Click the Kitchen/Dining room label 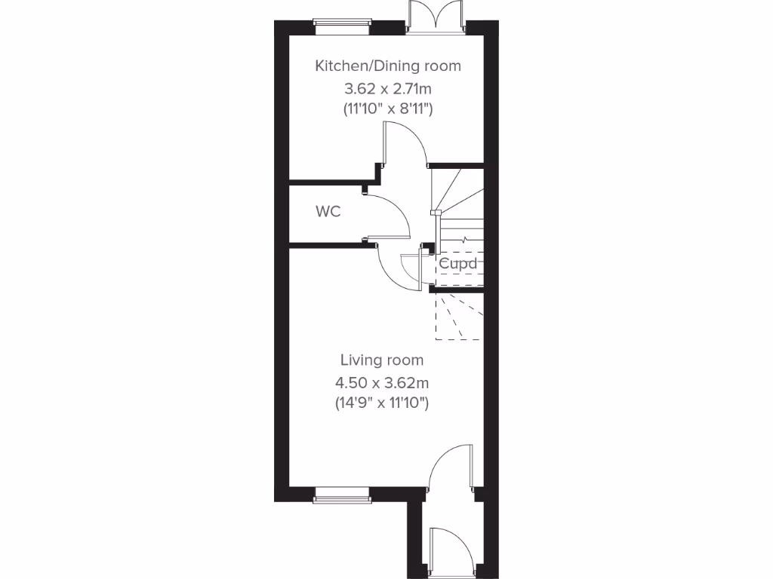tap(387, 66)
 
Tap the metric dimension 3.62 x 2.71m tap(387, 88)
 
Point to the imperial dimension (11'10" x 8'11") tap(387, 109)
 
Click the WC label tap(328, 212)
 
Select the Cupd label tap(458, 264)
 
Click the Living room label tap(381, 360)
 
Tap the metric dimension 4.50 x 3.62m tap(381, 382)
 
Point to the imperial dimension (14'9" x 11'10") tap(381, 403)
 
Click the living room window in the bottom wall tap(342, 494)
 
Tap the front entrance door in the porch tap(451, 550)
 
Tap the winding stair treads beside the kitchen tap(456, 191)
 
